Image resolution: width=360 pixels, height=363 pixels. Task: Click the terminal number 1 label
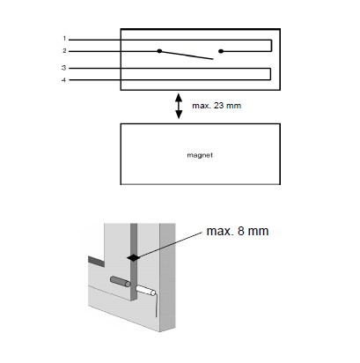tap(64, 39)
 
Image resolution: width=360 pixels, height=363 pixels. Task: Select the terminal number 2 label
tap(64, 51)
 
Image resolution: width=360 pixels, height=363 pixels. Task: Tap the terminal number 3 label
tap(64, 68)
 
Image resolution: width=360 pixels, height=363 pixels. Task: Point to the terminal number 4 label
tap(64, 80)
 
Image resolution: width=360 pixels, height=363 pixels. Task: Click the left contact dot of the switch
tap(159, 51)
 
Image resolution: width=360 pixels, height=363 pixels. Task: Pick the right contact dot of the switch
tap(221, 51)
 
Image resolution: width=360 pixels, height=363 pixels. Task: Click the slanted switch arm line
tap(187, 55)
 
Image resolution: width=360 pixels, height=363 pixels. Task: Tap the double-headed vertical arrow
tap(179, 106)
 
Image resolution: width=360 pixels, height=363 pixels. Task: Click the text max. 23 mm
tap(217, 106)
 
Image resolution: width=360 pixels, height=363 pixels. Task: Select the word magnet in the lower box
tap(200, 155)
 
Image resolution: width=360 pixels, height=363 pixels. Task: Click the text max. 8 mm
tap(238, 231)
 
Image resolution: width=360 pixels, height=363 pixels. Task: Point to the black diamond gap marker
tap(134, 257)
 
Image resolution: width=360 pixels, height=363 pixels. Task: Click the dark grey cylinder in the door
tap(121, 281)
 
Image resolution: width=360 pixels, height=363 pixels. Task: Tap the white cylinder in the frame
tap(146, 291)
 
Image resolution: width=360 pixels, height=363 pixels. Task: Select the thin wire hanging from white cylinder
tap(157, 306)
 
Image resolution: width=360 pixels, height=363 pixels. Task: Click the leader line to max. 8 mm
tap(171, 245)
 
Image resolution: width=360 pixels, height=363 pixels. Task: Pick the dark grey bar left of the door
tap(96, 262)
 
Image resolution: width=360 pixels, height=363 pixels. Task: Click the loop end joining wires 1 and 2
tap(271, 46)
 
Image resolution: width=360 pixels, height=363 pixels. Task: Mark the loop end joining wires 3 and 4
tap(270, 74)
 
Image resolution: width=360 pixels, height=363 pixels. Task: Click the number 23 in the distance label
tap(219, 106)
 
